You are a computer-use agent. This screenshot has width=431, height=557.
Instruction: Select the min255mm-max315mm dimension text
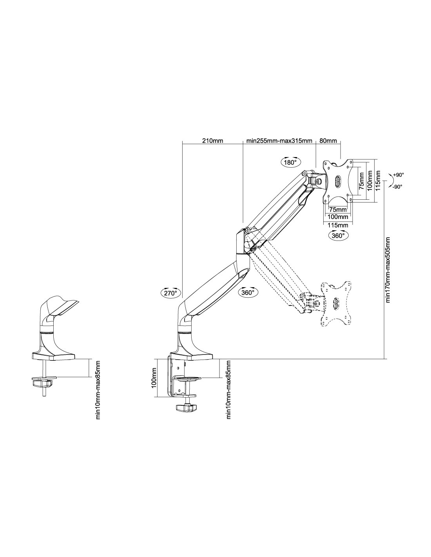coord(279,141)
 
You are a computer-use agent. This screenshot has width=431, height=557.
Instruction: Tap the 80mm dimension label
coord(328,141)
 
